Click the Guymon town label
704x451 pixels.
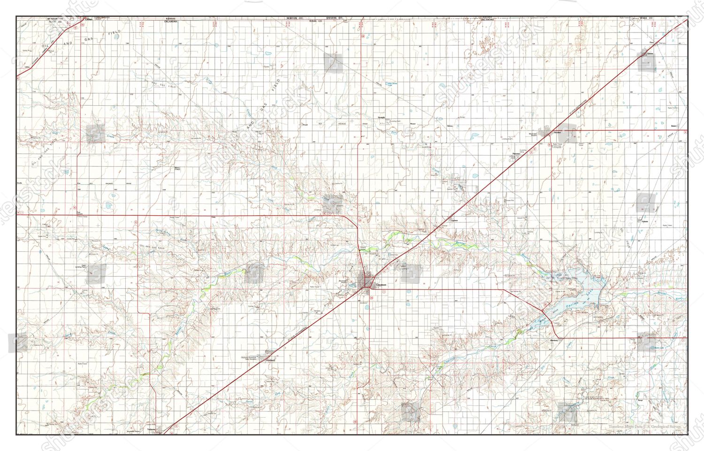click(x=381, y=285)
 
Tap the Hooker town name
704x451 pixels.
click(x=557, y=132)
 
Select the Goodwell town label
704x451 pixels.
click(x=270, y=361)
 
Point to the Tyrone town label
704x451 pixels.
click(x=650, y=54)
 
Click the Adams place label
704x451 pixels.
click(x=645, y=221)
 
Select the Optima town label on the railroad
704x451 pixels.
click(x=454, y=220)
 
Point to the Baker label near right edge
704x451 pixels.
click(x=674, y=126)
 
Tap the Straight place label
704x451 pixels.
click(x=382, y=117)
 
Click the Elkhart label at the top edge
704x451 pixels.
click(x=87, y=19)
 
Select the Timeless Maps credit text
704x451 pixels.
click(x=644, y=427)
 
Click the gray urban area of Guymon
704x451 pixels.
click(x=366, y=281)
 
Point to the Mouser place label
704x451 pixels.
click(x=413, y=124)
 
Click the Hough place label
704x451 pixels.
click(x=305, y=124)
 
